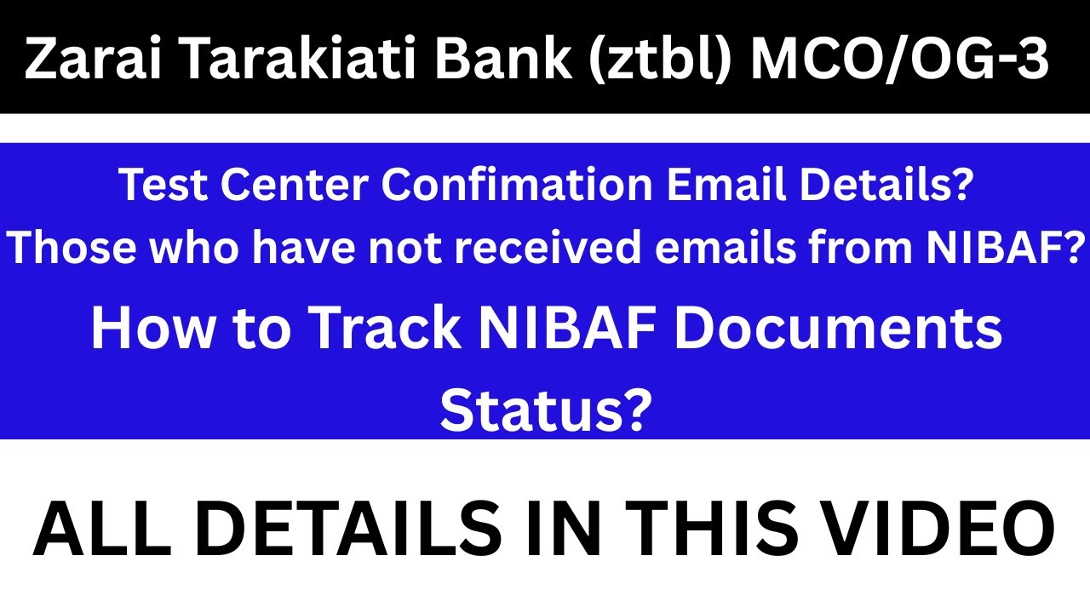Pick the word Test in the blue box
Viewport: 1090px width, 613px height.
[x=154, y=185]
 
